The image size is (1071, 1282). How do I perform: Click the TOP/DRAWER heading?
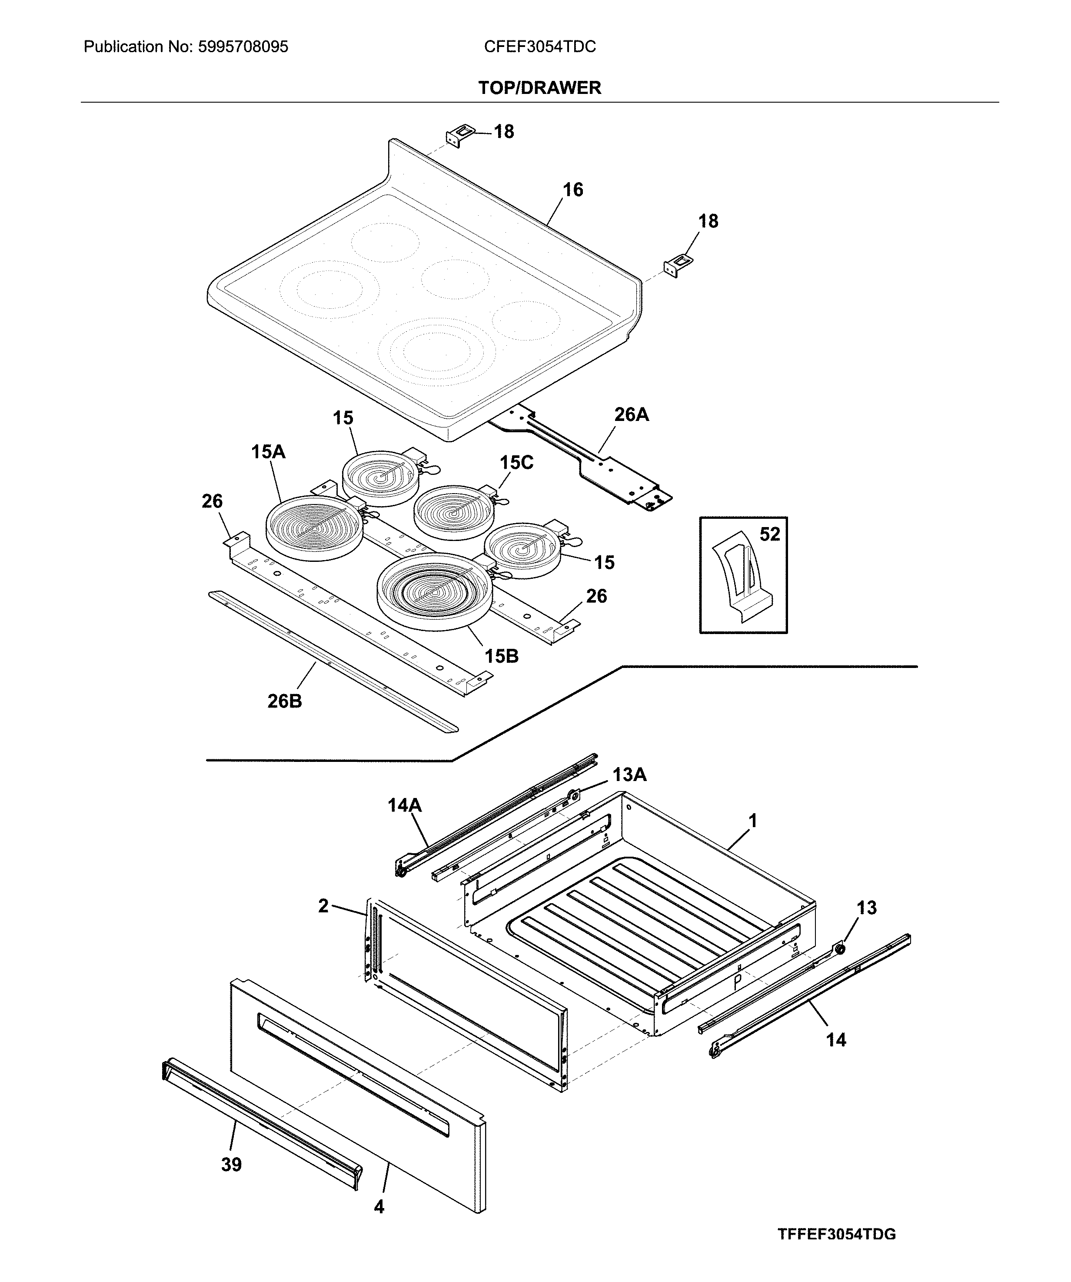click(539, 88)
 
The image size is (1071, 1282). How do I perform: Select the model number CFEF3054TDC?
click(539, 47)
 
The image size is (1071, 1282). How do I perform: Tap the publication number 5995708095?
click(243, 47)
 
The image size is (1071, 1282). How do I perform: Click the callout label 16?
click(572, 190)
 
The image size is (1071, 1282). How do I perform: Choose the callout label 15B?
click(501, 656)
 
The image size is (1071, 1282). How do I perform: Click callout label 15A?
click(268, 452)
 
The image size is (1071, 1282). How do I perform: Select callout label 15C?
click(516, 463)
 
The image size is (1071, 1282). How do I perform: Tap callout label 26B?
click(284, 701)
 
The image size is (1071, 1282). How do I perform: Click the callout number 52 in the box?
click(769, 535)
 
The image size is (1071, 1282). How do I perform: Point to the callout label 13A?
click(629, 775)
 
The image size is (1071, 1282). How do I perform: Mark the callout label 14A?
click(405, 806)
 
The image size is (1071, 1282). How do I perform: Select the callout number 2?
click(323, 906)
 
